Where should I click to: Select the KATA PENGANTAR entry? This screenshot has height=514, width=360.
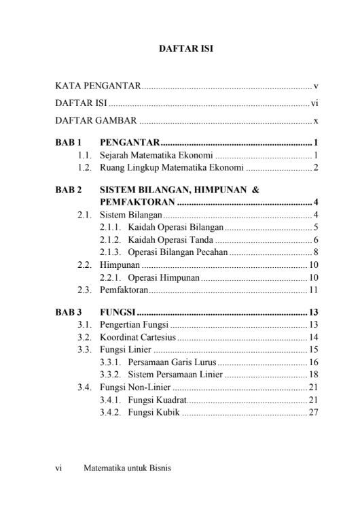click(x=98, y=86)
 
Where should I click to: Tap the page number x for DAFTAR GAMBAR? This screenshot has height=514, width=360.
click(x=316, y=122)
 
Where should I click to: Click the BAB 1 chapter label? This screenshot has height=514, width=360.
click(x=69, y=143)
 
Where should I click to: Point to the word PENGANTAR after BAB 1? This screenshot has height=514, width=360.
click(x=130, y=143)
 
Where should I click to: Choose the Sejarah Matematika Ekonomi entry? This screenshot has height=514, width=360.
click(x=156, y=156)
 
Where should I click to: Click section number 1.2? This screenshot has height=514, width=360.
click(x=85, y=167)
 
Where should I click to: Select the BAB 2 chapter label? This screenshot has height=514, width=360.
click(x=69, y=191)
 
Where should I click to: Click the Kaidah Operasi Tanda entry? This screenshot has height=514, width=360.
click(x=170, y=240)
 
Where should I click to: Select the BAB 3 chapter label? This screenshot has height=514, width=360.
click(x=69, y=313)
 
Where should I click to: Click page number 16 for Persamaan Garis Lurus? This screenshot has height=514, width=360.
click(x=314, y=362)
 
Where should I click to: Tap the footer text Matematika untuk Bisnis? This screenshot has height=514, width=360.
click(x=127, y=468)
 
